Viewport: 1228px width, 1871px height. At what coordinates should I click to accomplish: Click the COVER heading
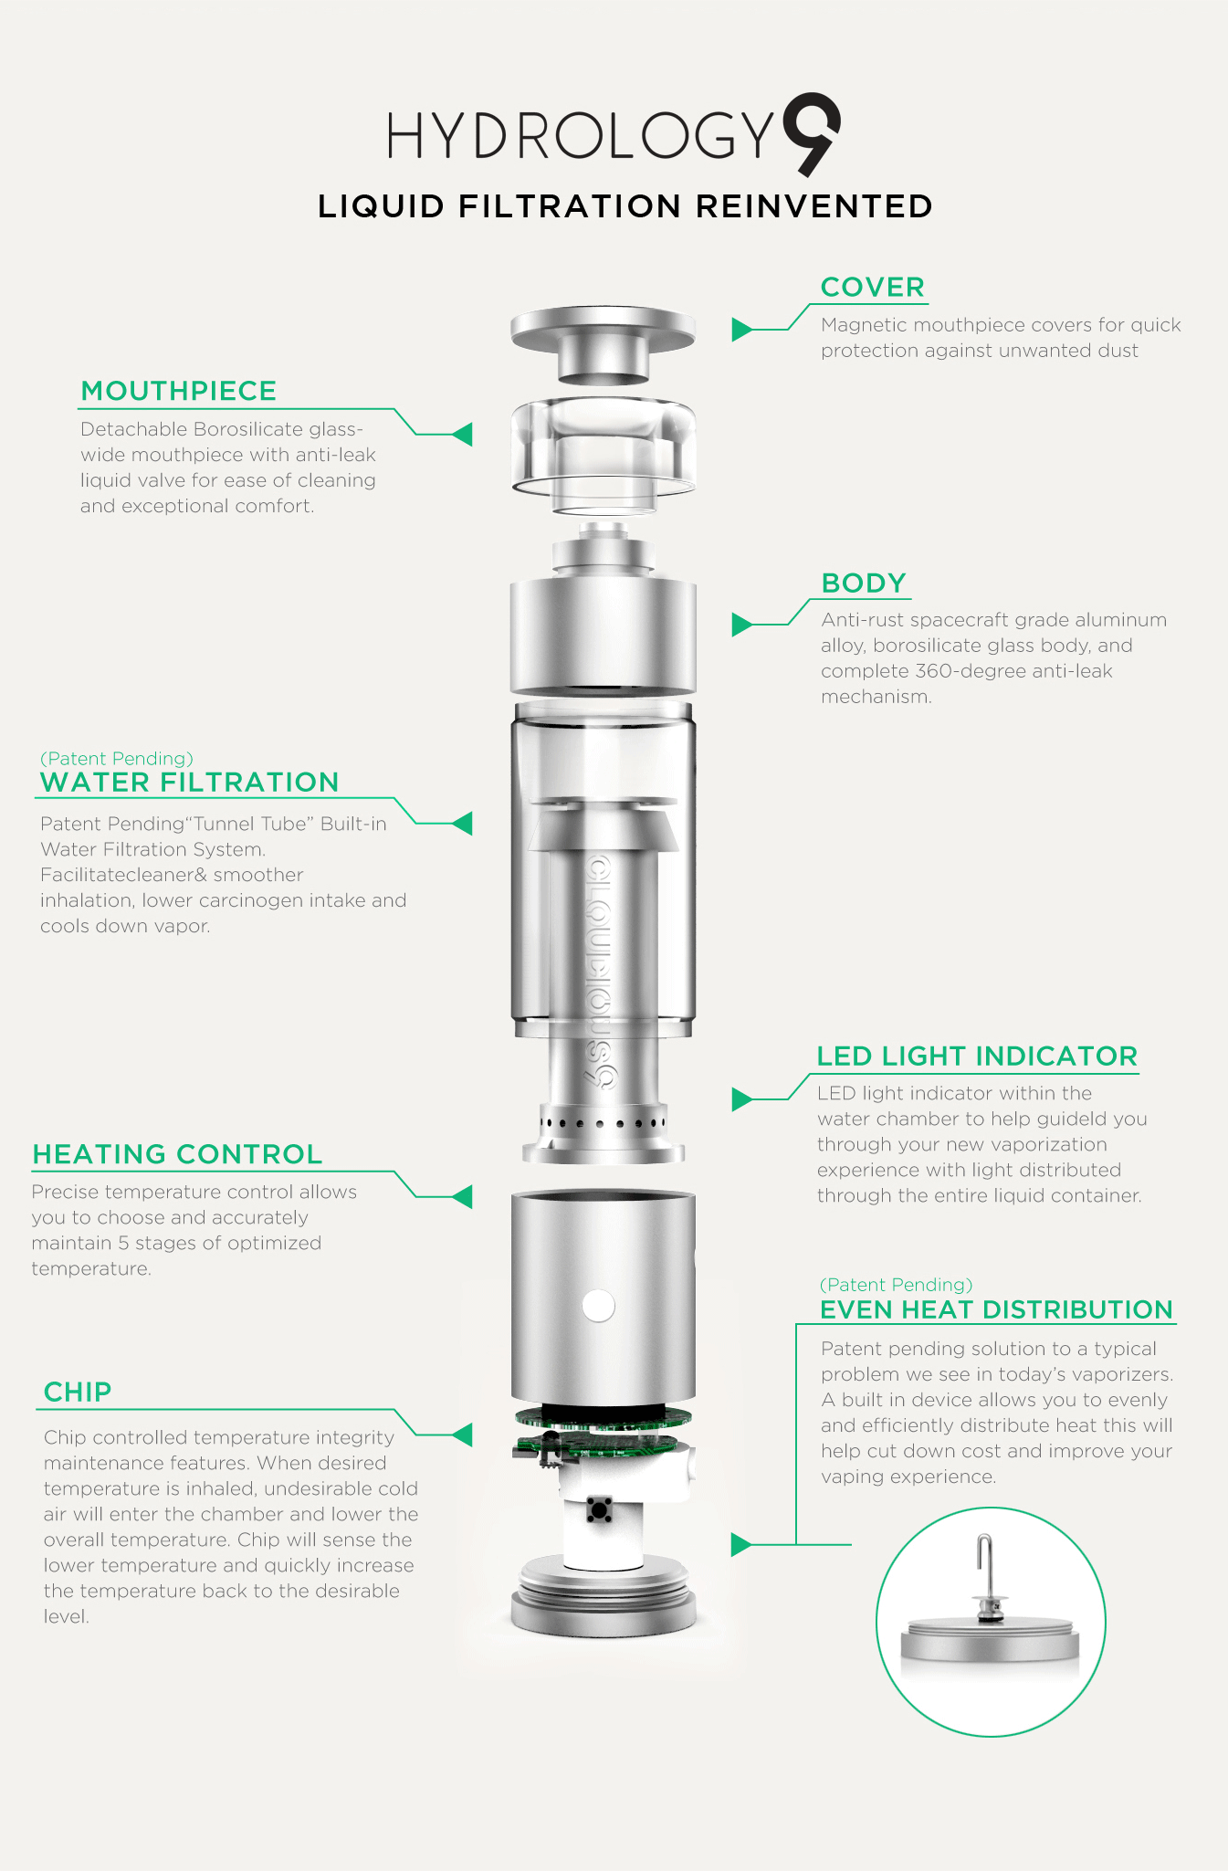coord(873,287)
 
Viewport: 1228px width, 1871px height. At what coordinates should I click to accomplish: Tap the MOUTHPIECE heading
coord(179,391)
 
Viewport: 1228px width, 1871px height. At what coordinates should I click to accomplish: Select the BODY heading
coord(864,583)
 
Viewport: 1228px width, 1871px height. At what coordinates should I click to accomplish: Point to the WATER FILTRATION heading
coord(190,783)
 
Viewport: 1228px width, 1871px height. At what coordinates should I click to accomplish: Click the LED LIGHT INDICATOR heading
coord(977,1056)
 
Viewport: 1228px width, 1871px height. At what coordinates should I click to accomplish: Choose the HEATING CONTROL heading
coord(177,1154)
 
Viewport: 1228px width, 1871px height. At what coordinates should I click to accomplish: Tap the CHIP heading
coord(78,1392)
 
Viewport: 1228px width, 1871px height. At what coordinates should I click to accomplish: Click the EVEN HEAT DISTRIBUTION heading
coord(996,1309)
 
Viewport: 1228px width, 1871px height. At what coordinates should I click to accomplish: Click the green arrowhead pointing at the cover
coord(741,330)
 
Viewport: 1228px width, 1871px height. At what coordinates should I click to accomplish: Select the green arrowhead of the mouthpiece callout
coord(463,435)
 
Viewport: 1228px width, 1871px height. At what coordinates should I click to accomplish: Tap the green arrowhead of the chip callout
coord(463,1435)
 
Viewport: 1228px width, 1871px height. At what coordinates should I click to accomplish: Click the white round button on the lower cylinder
coord(598,1305)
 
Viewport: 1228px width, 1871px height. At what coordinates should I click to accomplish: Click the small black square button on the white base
coord(599,1509)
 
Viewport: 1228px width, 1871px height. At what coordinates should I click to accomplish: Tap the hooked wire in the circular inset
coord(985,1562)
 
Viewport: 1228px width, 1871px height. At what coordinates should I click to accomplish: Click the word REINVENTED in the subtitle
coord(814,206)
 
